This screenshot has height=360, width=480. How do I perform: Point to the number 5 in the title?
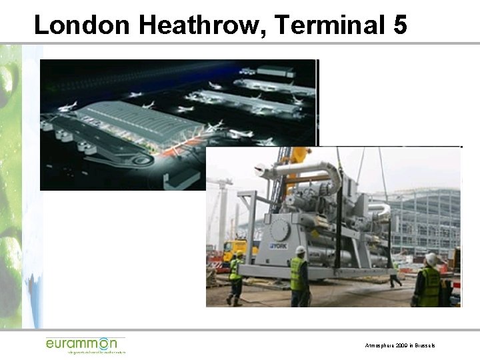click(x=400, y=25)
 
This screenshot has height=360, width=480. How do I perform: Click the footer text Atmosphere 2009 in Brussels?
click(x=400, y=346)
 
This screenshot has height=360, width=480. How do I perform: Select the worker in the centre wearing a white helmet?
click(x=299, y=277)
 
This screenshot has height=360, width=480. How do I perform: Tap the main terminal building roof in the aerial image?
click(x=140, y=123)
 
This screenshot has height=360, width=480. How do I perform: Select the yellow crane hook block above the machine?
click(x=299, y=155)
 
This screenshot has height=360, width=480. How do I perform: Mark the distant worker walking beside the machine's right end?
click(x=395, y=274)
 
